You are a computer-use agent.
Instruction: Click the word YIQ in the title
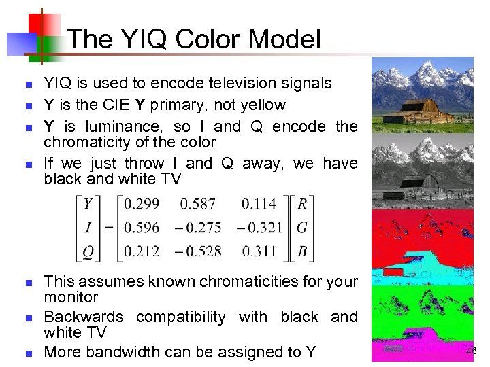point(147,39)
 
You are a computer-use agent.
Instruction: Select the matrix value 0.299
point(143,204)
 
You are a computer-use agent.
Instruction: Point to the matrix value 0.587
point(198,204)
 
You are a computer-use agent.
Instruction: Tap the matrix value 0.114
point(259,204)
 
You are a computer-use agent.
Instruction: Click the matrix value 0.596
point(143,228)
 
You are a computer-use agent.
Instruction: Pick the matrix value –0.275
point(198,228)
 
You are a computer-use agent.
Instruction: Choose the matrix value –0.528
point(198,251)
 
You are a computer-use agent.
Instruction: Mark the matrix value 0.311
point(259,251)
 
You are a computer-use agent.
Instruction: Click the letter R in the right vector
point(303,204)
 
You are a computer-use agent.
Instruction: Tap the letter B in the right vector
point(303,251)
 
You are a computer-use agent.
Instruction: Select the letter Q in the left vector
point(88,251)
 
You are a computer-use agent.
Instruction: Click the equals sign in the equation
point(108,228)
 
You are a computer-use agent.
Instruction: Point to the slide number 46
point(472,351)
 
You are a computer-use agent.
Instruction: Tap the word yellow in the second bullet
point(264,105)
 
